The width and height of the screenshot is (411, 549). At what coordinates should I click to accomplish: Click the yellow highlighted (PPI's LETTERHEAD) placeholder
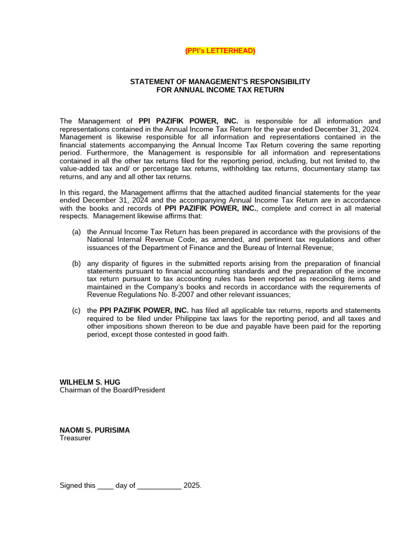point(220,51)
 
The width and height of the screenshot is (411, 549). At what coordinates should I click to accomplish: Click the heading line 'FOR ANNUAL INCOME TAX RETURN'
point(220,90)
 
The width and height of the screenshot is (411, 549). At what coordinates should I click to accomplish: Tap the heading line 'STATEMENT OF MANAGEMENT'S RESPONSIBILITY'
point(220,81)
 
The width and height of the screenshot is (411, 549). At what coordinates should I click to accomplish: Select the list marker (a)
point(77,232)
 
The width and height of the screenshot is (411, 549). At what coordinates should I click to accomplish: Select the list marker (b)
point(77,264)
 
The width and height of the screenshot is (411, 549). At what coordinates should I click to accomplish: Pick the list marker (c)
point(77,310)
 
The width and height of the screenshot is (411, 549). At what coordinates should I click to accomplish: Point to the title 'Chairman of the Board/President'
point(112,390)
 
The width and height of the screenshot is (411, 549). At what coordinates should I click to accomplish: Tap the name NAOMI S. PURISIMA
point(94,430)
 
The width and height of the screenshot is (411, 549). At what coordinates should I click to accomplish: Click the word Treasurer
point(75,438)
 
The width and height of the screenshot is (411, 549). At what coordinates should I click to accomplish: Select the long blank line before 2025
point(159,486)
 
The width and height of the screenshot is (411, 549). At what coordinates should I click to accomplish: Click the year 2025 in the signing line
point(192,486)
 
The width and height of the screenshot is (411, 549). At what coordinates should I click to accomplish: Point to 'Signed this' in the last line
point(78,486)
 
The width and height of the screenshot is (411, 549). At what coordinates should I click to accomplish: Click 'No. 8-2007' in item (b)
point(153,295)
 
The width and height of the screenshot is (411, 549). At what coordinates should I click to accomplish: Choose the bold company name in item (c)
point(144,310)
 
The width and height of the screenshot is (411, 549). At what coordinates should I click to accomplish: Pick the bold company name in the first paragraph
point(188,121)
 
